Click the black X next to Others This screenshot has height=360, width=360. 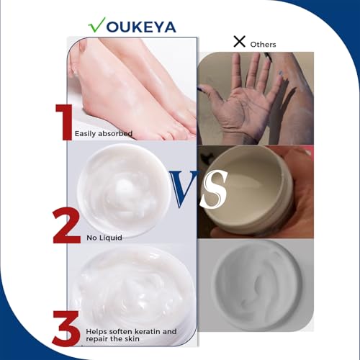pyautogui.click(x=239, y=42)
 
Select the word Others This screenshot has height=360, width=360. pyautogui.click(x=263, y=44)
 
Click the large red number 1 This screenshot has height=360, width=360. pyautogui.click(x=64, y=120)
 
